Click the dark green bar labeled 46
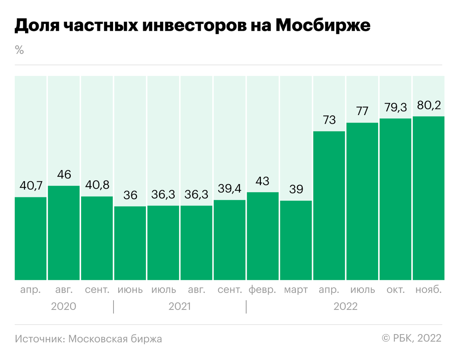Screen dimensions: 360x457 64,233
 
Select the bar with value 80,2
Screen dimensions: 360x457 428,198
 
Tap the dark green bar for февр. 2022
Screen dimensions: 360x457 263,236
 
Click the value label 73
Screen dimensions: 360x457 329,120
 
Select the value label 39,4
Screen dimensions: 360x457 229,189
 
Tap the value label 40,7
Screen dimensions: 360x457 30,186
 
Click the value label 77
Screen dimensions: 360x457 362,111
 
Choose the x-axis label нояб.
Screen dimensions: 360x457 428,290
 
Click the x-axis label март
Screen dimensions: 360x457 296,290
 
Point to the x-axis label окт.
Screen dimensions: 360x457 395,290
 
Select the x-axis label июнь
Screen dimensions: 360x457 130,290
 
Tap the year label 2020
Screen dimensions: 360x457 64,307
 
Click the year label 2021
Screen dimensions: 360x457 179,307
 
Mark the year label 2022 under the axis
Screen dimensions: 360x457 345,307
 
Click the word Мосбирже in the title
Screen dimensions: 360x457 322,26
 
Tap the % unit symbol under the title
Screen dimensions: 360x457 19,50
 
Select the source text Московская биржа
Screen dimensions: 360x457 115,339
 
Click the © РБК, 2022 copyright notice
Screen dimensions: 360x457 411,338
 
